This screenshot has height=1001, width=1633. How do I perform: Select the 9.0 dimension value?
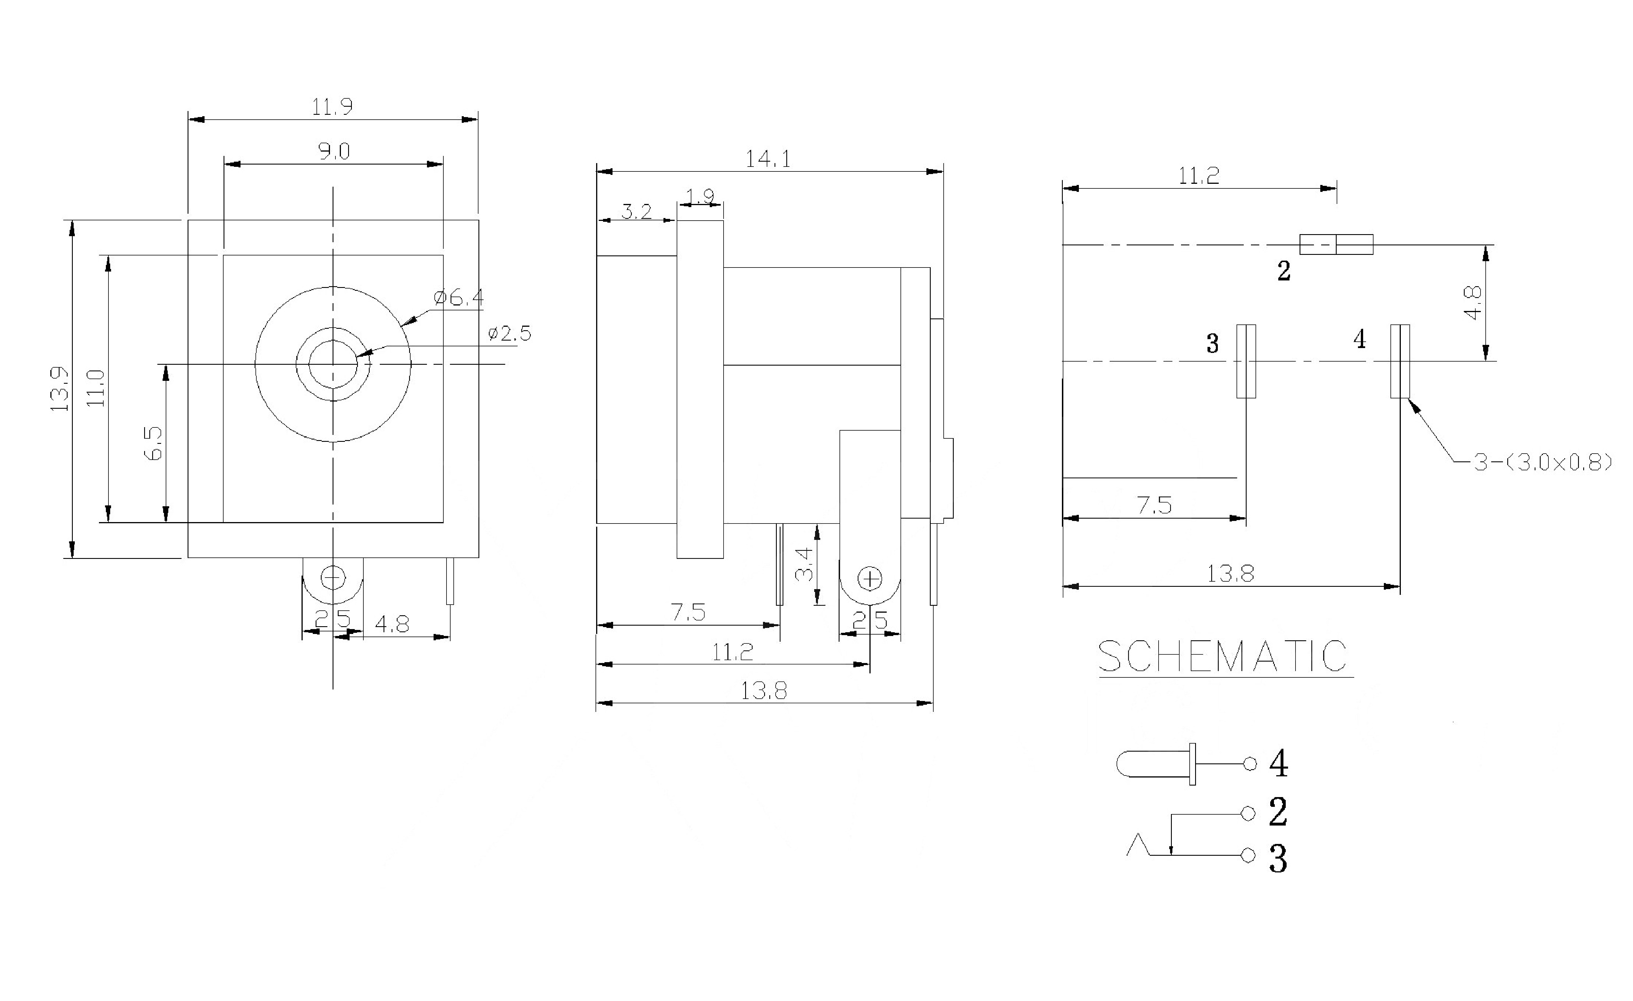334,152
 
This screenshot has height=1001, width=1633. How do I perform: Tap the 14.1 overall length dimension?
768,159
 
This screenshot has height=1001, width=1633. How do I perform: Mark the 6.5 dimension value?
153,442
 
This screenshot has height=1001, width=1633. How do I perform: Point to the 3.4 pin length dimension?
804,563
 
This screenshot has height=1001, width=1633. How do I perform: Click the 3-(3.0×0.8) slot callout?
1542,463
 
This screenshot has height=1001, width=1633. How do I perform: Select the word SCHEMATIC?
1223,656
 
